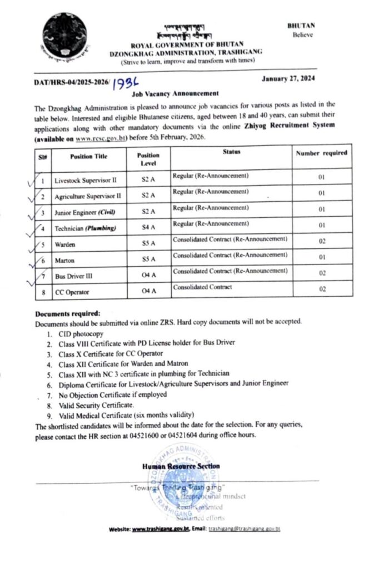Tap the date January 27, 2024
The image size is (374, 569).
tap(288, 79)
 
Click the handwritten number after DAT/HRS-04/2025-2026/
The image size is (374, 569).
tap(125, 85)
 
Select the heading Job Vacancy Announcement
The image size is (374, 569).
tap(174, 94)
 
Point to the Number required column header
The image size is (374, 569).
tap(321, 153)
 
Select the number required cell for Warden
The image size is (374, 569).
tap(321, 243)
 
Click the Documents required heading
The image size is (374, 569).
tap(68, 313)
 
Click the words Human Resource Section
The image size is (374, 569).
tap(181, 466)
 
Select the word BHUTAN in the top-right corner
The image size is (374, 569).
tap(301, 26)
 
